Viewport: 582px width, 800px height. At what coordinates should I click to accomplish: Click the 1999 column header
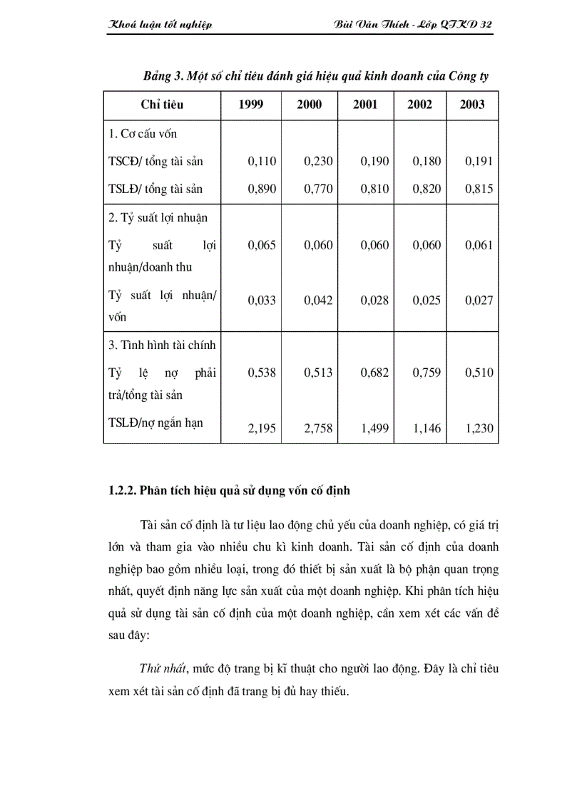[251, 105]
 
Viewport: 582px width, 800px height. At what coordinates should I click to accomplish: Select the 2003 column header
[472, 105]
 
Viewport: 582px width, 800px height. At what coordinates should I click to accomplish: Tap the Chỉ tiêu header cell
[162, 105]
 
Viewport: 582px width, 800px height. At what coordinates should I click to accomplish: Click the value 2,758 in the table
[318, 429]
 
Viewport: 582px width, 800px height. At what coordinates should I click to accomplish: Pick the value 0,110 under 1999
[262, 161]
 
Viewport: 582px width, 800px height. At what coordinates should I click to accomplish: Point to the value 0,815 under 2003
[479, 189]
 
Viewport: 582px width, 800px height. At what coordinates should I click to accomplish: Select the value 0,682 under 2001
[374, 373]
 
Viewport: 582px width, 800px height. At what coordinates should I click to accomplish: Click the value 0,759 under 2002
[427, 373]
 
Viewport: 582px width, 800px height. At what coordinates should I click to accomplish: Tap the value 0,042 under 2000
[318, 301]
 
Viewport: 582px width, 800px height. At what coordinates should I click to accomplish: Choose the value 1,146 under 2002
[427, 429]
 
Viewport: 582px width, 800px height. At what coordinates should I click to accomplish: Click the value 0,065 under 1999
[262, 245]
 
